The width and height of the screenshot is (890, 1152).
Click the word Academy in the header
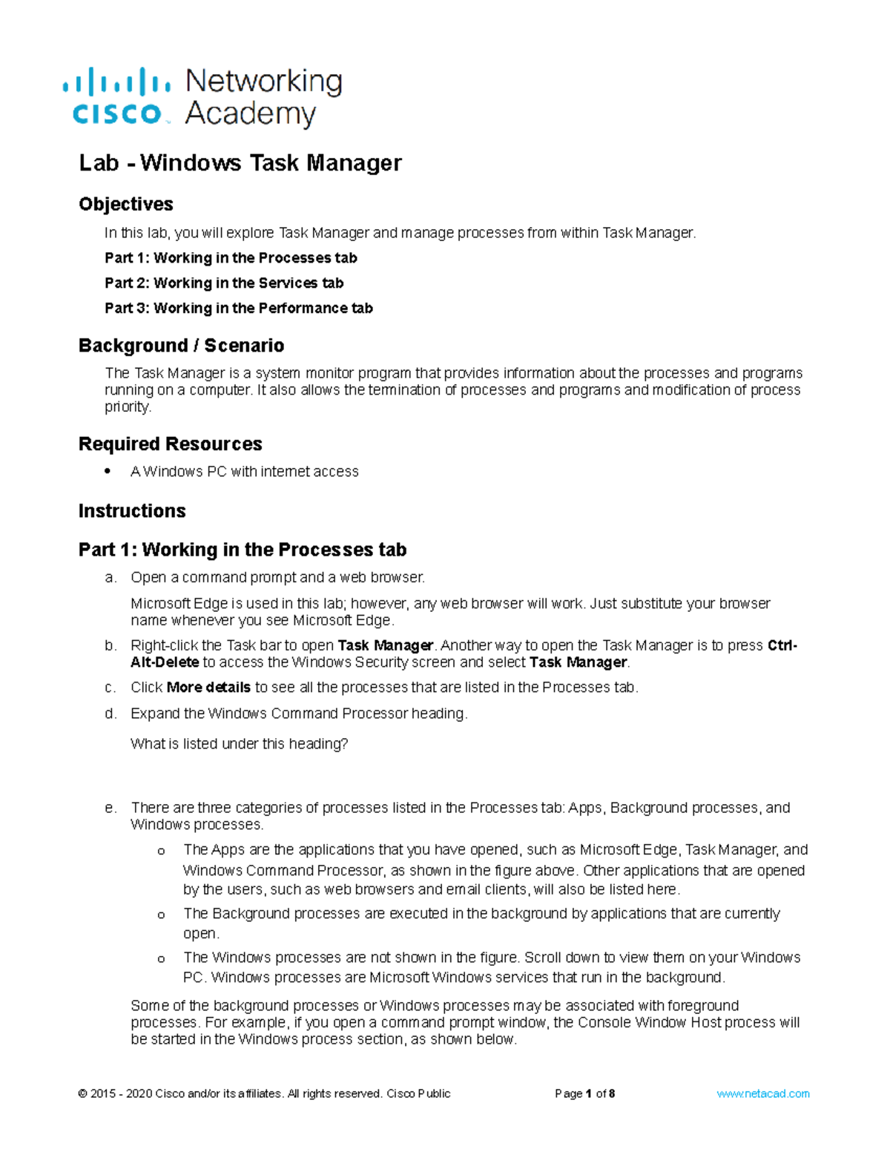(x=250, y=114)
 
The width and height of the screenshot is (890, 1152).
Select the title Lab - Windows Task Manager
(x=240, y=162)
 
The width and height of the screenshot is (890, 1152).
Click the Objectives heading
(x=126, y=204)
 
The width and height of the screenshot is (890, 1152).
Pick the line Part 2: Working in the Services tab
(x=224, y=283)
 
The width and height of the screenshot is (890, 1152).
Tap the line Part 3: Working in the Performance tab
(x=238, y=308)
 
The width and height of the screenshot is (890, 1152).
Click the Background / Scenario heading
(x=181, y=346)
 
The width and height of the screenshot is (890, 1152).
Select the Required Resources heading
(x=170, y=444)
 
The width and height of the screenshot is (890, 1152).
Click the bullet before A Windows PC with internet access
(x=108, y=471)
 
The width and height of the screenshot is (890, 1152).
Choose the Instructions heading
(x=132, y=510)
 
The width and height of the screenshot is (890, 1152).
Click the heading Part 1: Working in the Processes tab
(x=242, y=550)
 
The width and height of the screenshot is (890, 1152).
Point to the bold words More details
(x=208, y=688)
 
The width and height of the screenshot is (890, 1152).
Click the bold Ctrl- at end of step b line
(x=782, y=645)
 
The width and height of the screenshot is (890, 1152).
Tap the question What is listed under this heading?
(x=239, y=744)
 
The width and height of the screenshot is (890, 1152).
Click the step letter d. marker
(x=111, y=714)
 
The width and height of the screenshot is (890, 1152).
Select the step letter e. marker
(x=111, y=808)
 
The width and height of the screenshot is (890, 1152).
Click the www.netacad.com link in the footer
(x=762, y=1093)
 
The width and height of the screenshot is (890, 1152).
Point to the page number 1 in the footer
(x=589, y=1093)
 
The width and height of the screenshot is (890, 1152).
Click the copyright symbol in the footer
(x=82, y=1093)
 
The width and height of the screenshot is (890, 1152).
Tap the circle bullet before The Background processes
(x=161, y=915)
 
